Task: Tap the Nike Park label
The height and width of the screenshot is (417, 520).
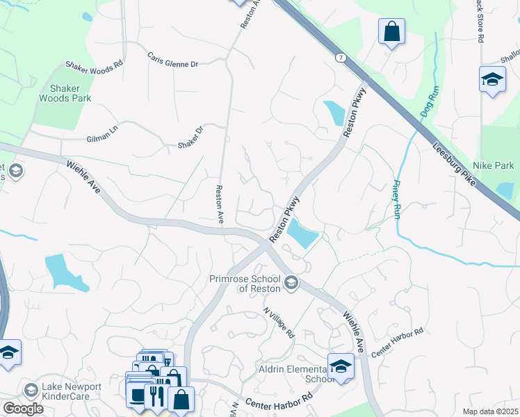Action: pyautogui.click(x=493, y=166)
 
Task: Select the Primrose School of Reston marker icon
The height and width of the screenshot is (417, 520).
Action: pyautogui.click(x=292, y=282)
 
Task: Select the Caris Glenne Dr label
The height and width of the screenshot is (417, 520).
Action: pyautogui.click(x=172, y=59)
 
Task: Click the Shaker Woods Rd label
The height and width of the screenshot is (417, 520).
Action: pyautogui.click(x=94, y=63)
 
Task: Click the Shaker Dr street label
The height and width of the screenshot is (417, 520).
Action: pyautogui.click(x=189, y=137)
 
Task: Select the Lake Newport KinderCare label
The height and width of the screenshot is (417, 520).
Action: pyautogui.click(x=71, y=392)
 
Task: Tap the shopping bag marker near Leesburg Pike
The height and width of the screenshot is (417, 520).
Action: pyautogui.click(x=392, y=32)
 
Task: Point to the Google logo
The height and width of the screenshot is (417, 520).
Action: pyautogui.click(x=23, y=409)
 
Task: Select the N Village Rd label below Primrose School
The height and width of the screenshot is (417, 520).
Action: pyautogui.click(x=278, y=322)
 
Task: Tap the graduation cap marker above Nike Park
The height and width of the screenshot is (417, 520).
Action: pyautogui.click(x=492, y=79)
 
